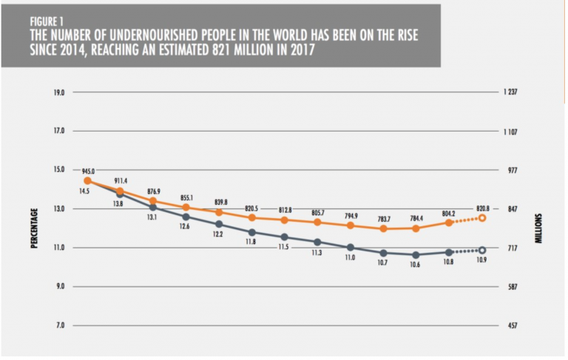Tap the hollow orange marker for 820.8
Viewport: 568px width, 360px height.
coord(482,218)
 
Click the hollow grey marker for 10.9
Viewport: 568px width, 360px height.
coord(482,251)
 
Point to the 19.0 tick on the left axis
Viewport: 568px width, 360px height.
coord(58,92)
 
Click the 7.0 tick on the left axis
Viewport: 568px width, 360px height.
coord(59,325)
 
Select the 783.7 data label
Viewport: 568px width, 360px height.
coord(383,220)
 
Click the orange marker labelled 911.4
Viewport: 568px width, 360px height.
coord(120,191)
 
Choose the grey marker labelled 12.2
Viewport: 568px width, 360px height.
coord(219,224)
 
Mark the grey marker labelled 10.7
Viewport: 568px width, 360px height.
coord(383,253)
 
